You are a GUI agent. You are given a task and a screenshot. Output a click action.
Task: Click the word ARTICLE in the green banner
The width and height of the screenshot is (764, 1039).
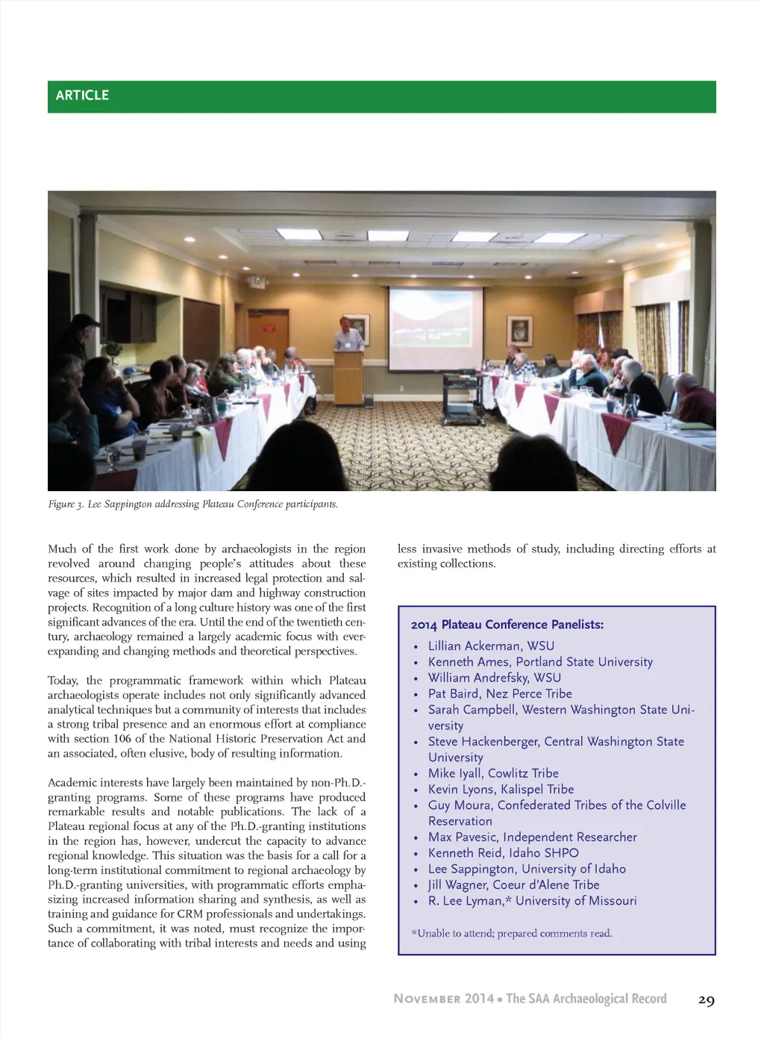pyautogui.click(x=82, y=96)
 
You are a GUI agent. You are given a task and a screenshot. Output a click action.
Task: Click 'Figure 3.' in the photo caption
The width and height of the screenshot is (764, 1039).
pyautogui.click(x=66, y=505)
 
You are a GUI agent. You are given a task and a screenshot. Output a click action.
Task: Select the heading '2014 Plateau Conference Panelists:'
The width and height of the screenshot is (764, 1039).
pyautogui.click(x=507, y=625)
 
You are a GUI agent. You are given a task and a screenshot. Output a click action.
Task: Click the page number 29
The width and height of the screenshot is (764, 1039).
pyautogui.click(x=706, y=1000)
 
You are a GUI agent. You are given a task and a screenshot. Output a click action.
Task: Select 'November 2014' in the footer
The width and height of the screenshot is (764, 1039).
pyautogui.click(x=444, y=999)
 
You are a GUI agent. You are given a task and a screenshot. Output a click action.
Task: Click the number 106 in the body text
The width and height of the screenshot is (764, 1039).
pyautogui.click(x=122, y=739)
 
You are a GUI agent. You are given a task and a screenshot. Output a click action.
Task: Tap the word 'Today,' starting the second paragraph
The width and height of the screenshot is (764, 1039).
pyautogui.click(x=63, y=681)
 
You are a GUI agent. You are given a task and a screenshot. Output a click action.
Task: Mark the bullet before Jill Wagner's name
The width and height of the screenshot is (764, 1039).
pyautogui.click(x=416, y=886)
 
